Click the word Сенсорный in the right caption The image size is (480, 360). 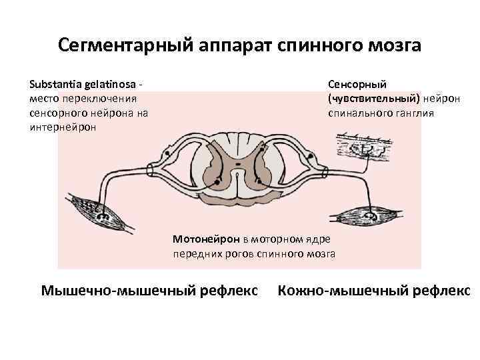point(357,85)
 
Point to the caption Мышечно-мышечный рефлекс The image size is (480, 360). point(149,291)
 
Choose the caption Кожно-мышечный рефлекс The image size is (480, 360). point(374,291)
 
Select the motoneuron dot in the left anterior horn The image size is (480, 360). point(218,181)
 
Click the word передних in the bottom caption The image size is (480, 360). point(195,253)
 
